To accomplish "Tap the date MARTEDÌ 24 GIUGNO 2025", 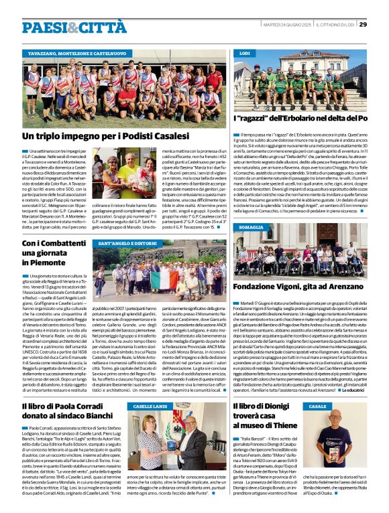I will (285, 24).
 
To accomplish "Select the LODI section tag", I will (245, 52).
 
